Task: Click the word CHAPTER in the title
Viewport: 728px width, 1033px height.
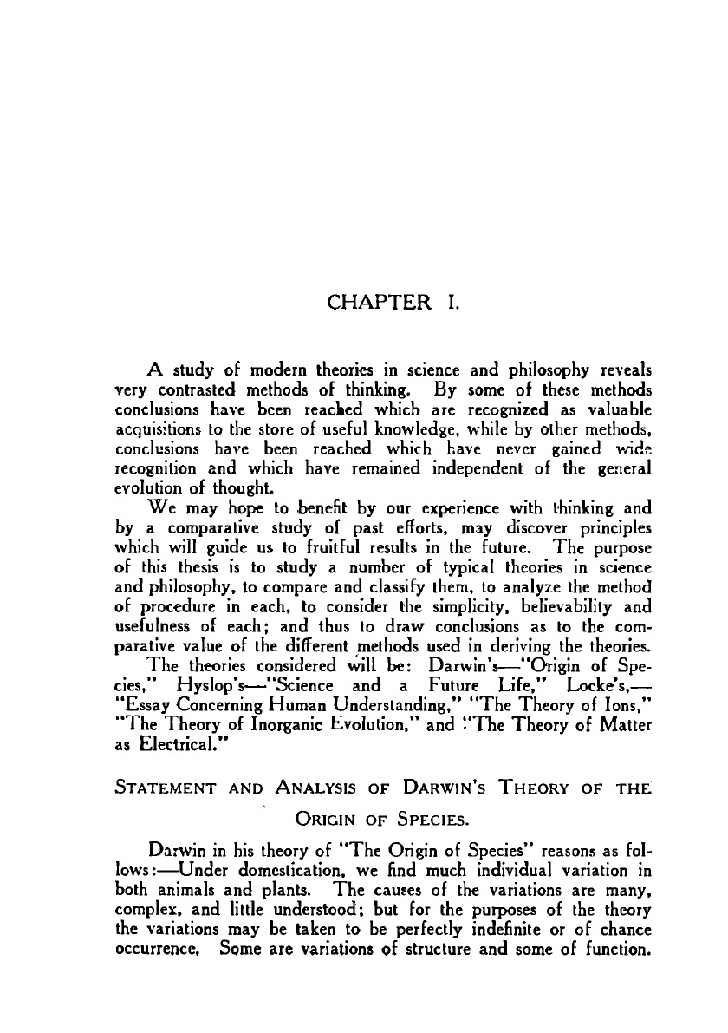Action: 378,303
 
